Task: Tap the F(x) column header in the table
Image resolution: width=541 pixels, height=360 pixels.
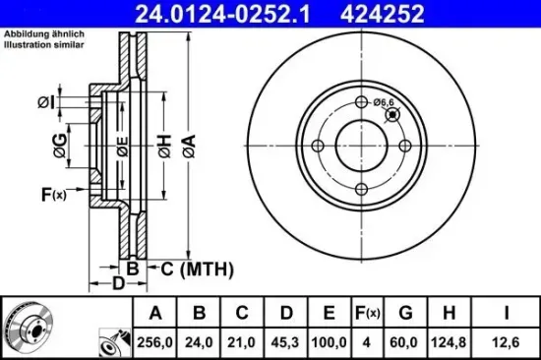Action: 366,314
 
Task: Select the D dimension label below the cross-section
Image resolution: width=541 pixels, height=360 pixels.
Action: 117,285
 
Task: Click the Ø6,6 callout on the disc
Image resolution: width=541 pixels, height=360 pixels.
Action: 387,100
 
